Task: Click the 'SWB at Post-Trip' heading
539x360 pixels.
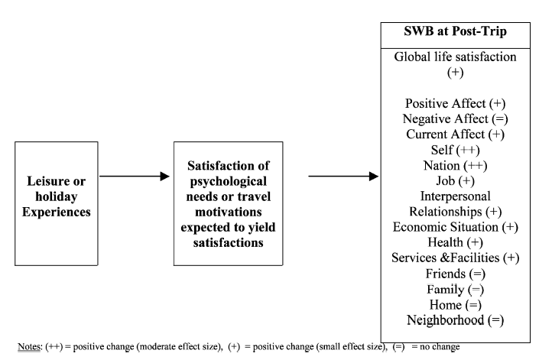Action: [x=455, y=31]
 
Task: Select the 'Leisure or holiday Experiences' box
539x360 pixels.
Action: [x=57, y=203]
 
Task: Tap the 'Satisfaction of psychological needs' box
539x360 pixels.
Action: [x=229, y=203]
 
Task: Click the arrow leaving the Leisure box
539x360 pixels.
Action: [x=135, y=177]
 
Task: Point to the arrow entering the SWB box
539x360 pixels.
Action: [x=343, y=177]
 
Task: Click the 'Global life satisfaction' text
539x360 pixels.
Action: [x=455, y=57]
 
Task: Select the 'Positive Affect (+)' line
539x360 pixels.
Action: [x=455, y=103]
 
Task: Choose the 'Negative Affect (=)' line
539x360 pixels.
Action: [x=455, y=119]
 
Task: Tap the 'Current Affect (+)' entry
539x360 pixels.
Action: [x=455, y=135]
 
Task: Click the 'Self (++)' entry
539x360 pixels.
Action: [x=455, y=150]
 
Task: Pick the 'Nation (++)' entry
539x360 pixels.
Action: [x=455, y=166]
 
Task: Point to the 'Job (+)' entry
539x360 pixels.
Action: [x=455, y=180]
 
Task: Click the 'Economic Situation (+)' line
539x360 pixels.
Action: [x=455, y=227]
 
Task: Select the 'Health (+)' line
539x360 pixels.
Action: [x=455, y=242]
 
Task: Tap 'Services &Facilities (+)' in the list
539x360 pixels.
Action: [x=455, y=258]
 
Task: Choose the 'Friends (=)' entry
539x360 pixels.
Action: [x=455, y=274]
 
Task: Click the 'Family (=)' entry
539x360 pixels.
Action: [x=455, y=290]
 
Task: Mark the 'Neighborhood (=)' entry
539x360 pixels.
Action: [x=455, y=320]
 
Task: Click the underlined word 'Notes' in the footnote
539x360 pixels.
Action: [x=29, y=346]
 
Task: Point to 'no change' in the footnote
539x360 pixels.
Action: [x=440, y=346]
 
